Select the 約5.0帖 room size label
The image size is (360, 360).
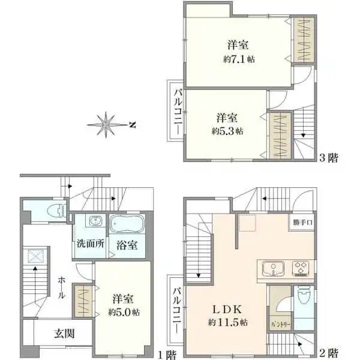click(x=125, y=312)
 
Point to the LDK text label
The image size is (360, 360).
click(x=226, y=310)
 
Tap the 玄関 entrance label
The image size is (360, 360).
click(x=65, y=334)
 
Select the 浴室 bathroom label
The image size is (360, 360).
click(x=127, y=245)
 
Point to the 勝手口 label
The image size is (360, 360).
click(x=304, y=222)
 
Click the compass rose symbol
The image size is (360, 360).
click(x=108, y=125)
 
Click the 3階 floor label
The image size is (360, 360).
click(x=329, y=158)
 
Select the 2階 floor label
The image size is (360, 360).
click(x=329, y=352)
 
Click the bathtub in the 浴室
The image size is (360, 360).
click(x=127, y=223)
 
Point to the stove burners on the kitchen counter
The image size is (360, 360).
click(x=300, y=268)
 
